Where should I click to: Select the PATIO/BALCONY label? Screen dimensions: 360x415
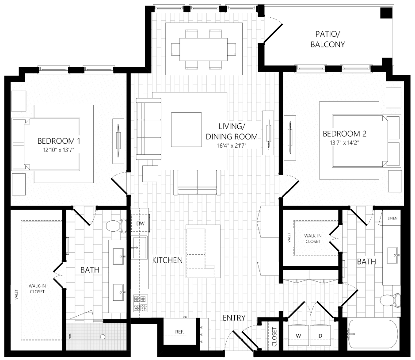point(327,39)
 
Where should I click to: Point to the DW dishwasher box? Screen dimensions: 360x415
point(141,223)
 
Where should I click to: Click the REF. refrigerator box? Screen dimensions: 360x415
point(179,332)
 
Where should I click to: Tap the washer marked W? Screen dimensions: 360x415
point(299,336)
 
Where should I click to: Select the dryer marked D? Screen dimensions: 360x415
point(320,336)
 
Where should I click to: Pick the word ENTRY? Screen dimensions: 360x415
point(234,318)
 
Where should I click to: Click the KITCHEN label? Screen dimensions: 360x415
point(168,260)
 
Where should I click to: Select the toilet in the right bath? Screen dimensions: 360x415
point(390,301)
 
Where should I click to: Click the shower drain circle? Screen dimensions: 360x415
point(103,337)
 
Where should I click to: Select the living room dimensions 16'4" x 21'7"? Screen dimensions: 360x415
point(232,146)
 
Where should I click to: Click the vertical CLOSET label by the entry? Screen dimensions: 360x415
point(274,337)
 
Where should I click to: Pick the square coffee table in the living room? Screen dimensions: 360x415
point(186,130)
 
